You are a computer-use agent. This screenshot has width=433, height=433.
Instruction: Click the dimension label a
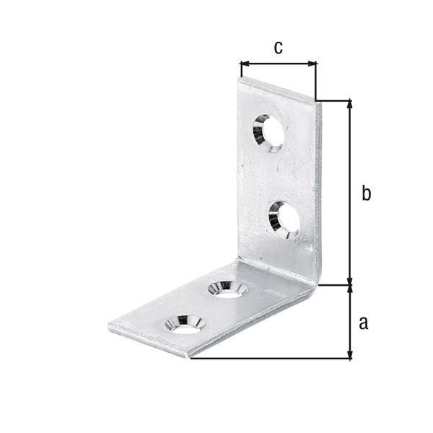click(363, 322)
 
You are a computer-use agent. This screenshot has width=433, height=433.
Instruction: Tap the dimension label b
click(366, 193)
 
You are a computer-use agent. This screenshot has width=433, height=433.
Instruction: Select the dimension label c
click(277, 48)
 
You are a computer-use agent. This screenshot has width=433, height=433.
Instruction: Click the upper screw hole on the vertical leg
click(268, 132)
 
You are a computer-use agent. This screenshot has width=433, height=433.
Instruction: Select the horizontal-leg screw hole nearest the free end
click(185, 323)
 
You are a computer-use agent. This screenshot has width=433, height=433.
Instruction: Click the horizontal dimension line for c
click(278, 64)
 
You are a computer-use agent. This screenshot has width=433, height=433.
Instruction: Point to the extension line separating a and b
click(336, 285)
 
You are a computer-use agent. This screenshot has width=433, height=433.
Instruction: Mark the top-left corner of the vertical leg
click(239, 79)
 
